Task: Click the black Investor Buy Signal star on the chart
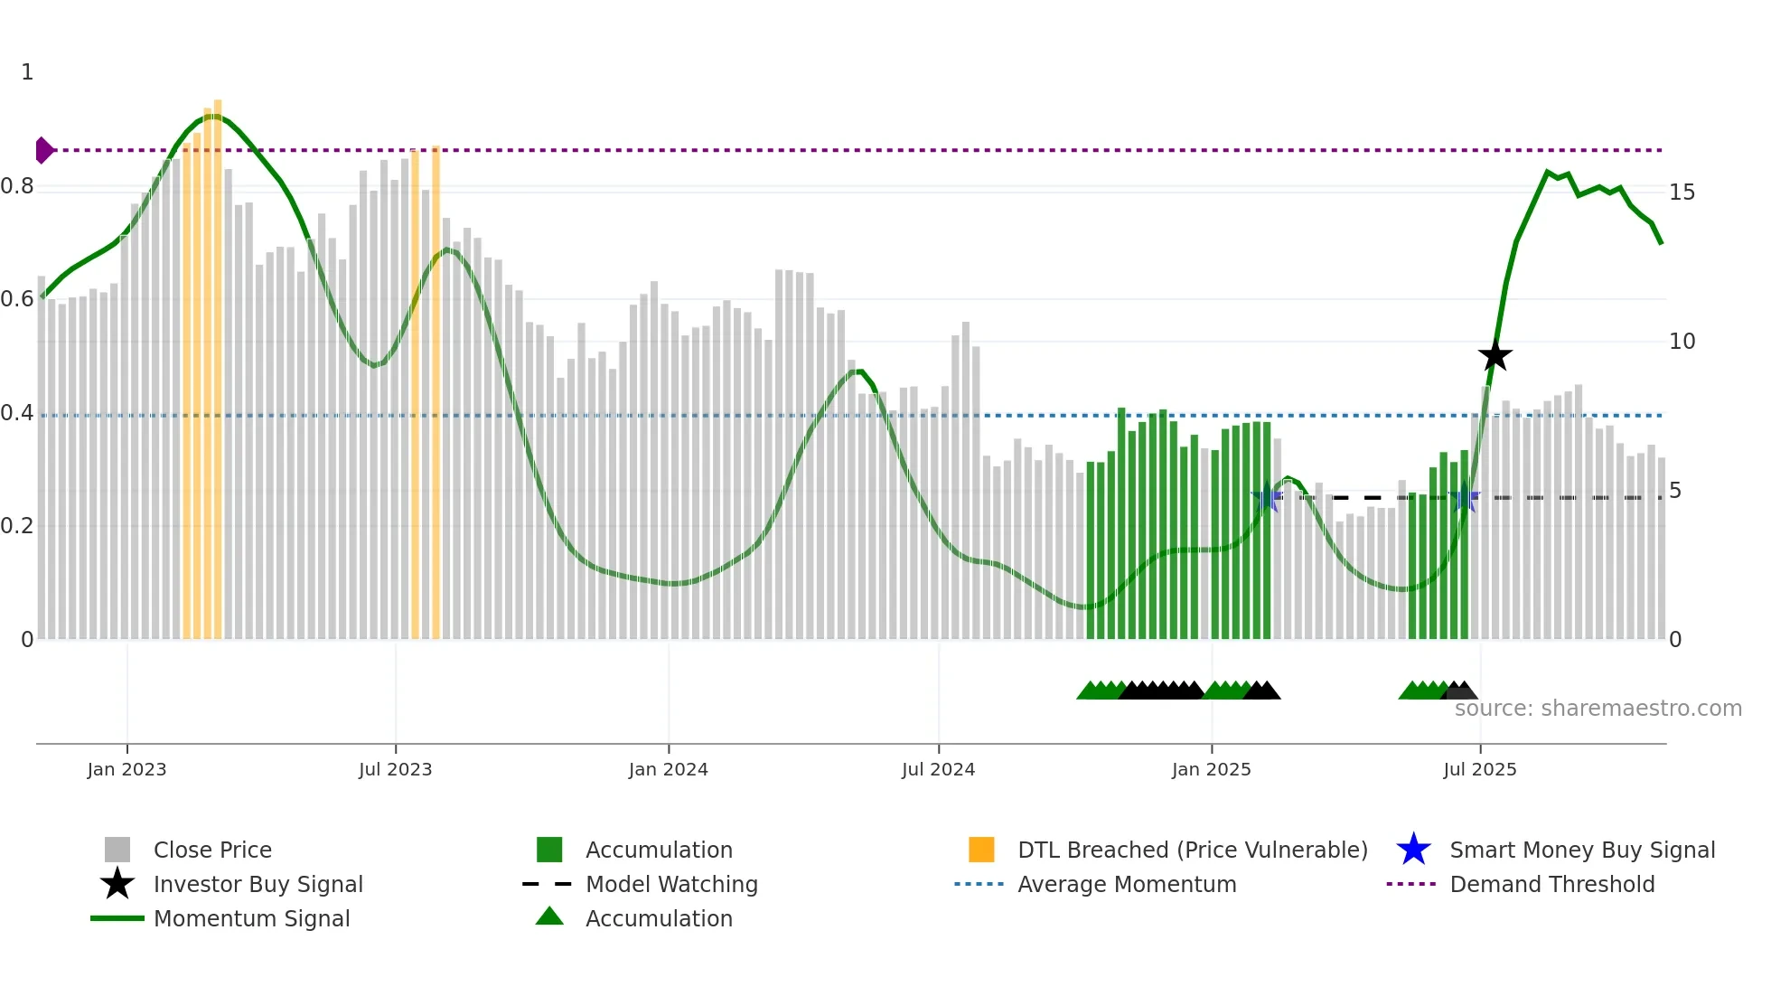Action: [x=1495, y=356]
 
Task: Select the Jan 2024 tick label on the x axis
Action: [x=668, y=769]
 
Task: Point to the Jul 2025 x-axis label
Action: [x=1479, y=769]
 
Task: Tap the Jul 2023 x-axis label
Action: [x=395, y=769]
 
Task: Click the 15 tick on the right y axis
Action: [x=1682, y=193]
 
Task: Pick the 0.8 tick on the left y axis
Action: [x=17, y=186]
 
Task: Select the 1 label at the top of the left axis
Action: [x=27, y=72]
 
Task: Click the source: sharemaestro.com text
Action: [x=1598, y=709]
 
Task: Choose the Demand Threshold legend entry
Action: [x=1551, y=884]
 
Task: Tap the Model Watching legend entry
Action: [x=670, y=884]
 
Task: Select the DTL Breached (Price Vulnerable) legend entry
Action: [x=1192, y=850]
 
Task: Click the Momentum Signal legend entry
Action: [x=251, y=918]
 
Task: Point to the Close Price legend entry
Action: [x=212, y=850]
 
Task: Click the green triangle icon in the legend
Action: [x=549, y=916]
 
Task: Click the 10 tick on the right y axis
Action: [x=1682, y=342]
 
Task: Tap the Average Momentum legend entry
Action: [x=1126, y=884]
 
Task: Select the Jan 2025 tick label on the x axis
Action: [x=1211, y=769]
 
